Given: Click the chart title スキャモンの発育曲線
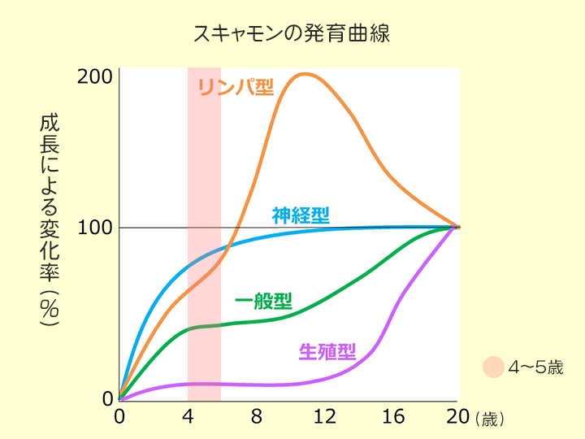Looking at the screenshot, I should coord(292,34).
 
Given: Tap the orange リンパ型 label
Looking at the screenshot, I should coord(236,87).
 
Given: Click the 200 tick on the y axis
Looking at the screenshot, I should coord(95,77).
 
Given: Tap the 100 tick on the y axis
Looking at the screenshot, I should coord(95,228).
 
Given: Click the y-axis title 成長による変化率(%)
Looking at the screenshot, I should coord(49,219).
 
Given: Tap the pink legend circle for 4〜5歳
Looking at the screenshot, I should coord(493,367).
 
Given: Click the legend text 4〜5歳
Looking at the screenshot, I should coord(535,367).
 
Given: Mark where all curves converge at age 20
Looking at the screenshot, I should coord(457,227).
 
